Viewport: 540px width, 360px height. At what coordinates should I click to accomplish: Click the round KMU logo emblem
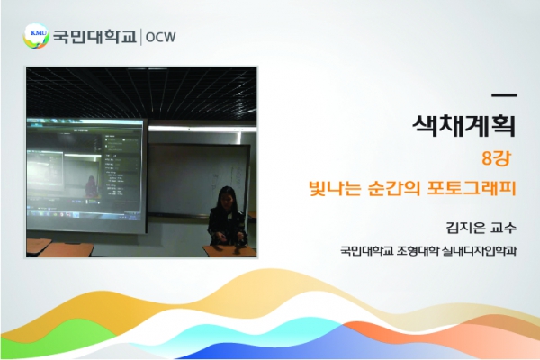pyautogui.click(x=36, y=36)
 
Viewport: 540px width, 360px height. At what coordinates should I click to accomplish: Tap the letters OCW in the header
pyautogui.click(x=160, y=37)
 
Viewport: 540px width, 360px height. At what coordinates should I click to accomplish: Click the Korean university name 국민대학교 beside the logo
pyautogui.click(x=94, y=37)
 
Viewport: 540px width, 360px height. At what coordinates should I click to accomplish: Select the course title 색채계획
pyautogui.click(x=464, y=125)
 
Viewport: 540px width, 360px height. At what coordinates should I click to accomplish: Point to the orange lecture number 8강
pyautogui.click(x=496, y=158)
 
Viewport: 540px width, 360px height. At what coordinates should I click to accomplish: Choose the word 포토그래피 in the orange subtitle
pyautogui.click(x=472, y=188)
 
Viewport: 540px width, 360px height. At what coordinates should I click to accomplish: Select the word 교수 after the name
pyautogui.click(x=504, y=228)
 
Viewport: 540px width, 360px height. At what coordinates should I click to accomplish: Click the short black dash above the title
pyautogui.click(x=505, y=95)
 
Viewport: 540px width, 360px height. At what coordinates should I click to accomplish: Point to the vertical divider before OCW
pyautogui.click(x=140, y=37)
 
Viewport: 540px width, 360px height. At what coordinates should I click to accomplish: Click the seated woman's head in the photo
pyautogui.click(x=227, y=197)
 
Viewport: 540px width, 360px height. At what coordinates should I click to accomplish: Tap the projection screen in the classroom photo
pyautogui.click(x=85, y=175)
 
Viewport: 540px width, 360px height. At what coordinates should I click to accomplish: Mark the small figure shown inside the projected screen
pyautogui.click(x=91, y=186)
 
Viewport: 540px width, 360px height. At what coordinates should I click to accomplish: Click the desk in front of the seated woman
pyautogui.click(x=229, y=251)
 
